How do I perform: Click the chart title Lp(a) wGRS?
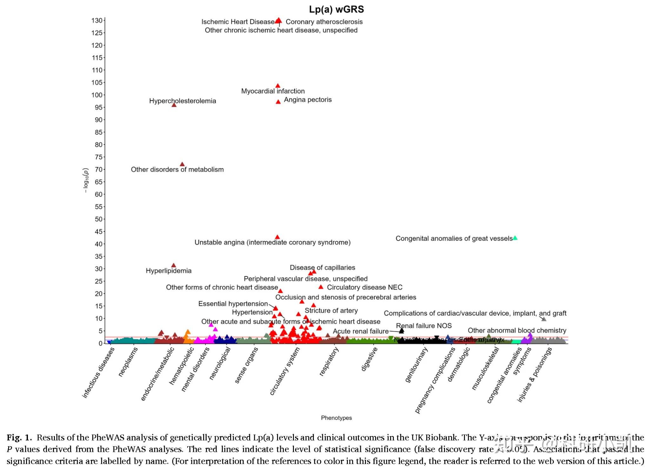[x=336, y=10]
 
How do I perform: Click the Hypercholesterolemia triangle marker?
[x=174, y=105]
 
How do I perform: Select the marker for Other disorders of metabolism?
[x=182, y=164]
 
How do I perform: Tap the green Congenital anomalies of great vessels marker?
[x=515, y=238]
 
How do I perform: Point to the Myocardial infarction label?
[x=273, y=91]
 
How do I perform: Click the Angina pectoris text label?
[x=308, y=100]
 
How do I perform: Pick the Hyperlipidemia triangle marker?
[x=174, y=265]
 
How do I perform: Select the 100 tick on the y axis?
[x=97, y=95]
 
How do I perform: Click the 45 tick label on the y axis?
[x=98, y=231]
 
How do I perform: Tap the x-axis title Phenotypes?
[x=336, y=418]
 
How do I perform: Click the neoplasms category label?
[x=128, y=362]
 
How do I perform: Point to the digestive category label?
[x=369, y=359]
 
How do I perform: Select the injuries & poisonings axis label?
[x=535, y=375]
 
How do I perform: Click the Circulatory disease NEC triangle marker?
[x=321, y=287]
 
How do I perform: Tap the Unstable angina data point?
[x=277, y=237]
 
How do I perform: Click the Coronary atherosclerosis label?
[x=324, y=22]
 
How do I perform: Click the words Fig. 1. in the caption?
[x=19, y=438]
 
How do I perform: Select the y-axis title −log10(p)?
[x=85, y=180]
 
